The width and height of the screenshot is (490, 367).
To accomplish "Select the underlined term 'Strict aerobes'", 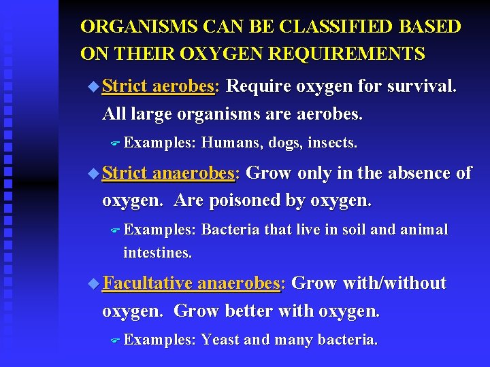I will tap(159, 87).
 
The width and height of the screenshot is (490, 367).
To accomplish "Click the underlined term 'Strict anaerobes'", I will tap(168, 173).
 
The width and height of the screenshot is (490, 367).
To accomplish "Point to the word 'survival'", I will tap(421, 87).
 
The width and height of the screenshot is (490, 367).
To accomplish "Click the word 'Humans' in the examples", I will tap(231, 143).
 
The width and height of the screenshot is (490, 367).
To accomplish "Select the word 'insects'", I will tap(333, 143).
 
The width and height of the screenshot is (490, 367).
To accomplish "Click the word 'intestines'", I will tap(157, 254).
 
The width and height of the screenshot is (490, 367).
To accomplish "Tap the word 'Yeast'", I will tap(220, 340).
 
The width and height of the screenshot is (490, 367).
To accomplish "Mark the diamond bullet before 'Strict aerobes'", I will tap(93, 87).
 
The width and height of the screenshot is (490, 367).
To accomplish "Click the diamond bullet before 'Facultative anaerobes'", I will tap(93, 283).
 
